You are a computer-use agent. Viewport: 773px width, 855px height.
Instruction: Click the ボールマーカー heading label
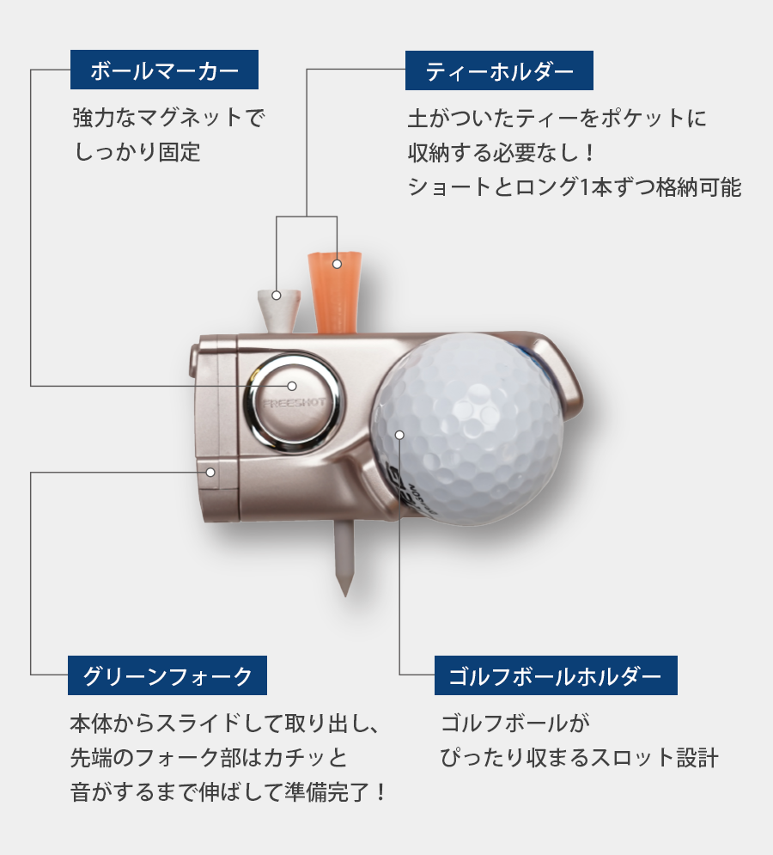coord(164,70)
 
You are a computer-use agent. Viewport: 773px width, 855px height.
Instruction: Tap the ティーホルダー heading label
coord(499,70)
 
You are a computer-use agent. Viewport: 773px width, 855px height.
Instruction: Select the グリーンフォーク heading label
coord(167,675)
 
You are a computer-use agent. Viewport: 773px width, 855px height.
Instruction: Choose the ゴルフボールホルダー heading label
coord(556,675)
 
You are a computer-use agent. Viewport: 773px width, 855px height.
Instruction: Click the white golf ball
coord(468,429)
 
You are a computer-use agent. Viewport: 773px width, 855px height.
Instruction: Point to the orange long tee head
coord(335,291)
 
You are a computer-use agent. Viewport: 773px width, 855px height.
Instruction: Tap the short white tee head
coord(279,309)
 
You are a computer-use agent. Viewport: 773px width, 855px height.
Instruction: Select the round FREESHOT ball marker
coord(293,403)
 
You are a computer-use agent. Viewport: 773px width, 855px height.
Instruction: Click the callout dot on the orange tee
coord(337,264)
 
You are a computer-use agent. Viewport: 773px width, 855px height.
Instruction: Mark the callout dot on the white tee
coord(277,296)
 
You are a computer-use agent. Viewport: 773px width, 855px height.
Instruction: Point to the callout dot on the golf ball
coord(399,435)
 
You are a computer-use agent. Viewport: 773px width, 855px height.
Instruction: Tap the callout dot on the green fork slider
coord(210,473)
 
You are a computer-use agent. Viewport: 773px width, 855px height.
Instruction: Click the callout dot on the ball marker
coord(292,386)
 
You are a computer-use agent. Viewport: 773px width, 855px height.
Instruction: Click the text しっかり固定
coord(137,152)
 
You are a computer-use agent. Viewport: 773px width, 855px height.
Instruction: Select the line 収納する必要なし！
coord(502,153)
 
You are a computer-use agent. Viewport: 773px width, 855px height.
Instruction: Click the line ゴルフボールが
coord(515,724)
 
